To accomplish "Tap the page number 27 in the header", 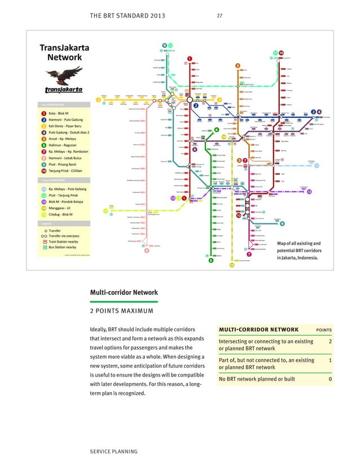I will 220,16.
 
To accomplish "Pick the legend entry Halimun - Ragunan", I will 63,144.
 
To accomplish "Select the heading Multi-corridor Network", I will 124,292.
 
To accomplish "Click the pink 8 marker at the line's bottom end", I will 147,252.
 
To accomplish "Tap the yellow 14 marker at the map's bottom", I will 231,265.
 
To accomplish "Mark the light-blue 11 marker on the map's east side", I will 317,165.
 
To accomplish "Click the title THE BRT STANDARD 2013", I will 128,16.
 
